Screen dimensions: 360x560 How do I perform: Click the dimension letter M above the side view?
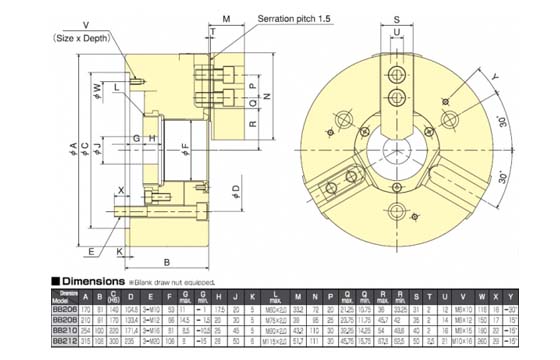227,19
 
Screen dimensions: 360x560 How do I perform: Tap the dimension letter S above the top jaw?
397,19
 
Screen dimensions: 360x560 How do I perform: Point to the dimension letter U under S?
397,34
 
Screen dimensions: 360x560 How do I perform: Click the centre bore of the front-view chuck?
398,153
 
